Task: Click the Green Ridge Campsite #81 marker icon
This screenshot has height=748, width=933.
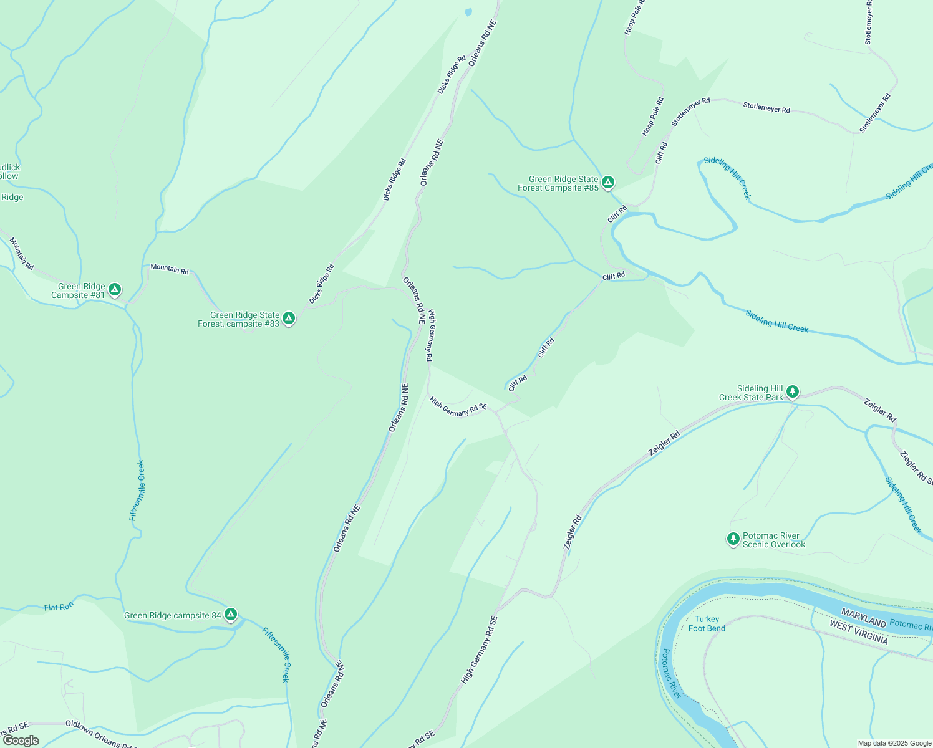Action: click(x=114, y=289)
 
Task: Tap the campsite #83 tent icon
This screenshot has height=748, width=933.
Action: click(x=288, y=318)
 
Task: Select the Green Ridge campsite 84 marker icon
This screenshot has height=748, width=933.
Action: click(x=231, y=615)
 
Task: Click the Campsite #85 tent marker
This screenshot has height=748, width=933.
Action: click(x=608, y=182)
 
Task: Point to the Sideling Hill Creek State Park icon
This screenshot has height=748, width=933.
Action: click(x=792, y=391)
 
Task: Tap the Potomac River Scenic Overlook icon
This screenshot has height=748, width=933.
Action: click(x=733, y=539)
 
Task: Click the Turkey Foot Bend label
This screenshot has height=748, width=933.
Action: click(x=707, y=624)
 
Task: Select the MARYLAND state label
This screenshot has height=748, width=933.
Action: click(x=863, y=618)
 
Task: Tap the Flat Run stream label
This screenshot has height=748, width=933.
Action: click(x=59, y=607)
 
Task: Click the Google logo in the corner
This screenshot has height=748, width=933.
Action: click(x=21, y=741)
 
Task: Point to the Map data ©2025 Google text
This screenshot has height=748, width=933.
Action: click(x=894, y=743)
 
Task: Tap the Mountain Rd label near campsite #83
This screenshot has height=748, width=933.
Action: click(x=169, y=269)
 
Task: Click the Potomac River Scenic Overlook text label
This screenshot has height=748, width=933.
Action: click(x=773, y=540)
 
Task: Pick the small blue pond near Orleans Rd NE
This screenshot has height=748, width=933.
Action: click(x=468, y=11)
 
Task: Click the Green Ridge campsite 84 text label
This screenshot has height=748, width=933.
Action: click(x=173, y=615)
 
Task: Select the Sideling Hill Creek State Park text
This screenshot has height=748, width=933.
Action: click(x=751, y=393)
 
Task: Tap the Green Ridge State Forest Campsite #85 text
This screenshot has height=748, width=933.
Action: click(x=558, y=183)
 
